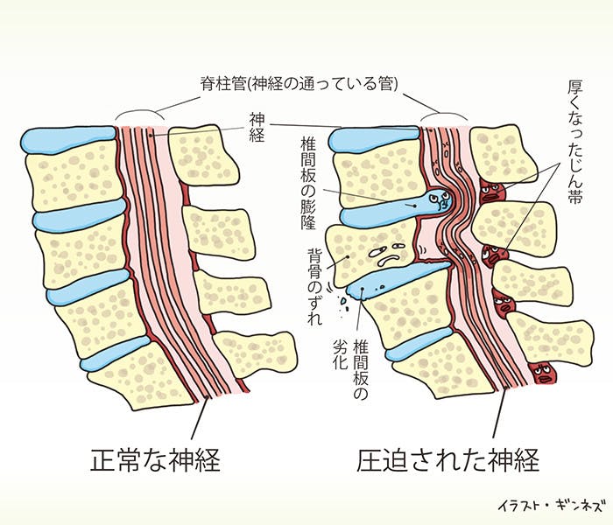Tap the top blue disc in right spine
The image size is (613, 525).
coord(372,138)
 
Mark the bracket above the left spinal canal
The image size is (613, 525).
coord(138,114)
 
